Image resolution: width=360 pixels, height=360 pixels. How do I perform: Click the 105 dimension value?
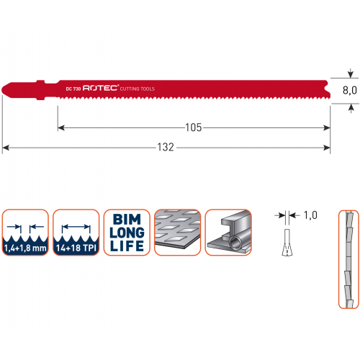click(194, 127)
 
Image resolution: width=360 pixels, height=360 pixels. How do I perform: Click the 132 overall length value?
click(166, 147)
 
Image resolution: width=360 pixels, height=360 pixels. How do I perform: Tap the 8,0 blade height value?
click(350, 90)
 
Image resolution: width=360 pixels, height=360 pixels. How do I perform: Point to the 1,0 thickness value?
click(310, 215)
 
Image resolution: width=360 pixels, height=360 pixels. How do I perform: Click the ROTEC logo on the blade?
click(101, 88)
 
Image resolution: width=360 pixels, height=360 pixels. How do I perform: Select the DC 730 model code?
click(73, 89)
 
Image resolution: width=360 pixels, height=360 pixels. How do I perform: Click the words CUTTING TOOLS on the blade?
click(138, 89)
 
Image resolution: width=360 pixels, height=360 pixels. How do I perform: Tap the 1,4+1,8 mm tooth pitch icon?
click(25, 233)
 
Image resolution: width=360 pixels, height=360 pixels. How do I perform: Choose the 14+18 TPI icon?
click(76, 233)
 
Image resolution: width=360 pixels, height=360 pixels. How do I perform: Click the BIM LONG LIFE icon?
click(127, 233)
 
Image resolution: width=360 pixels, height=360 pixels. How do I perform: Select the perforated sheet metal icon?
click(178, 233)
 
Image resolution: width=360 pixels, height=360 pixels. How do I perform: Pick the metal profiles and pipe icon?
click(228, 233)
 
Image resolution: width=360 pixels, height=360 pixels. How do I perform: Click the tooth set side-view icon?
click(348, 259)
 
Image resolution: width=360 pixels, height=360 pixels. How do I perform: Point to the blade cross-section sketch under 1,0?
click(287, 243)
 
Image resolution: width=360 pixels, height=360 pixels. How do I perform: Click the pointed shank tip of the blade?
click(2, 90)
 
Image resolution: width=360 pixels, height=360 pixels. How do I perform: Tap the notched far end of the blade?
click(328, 89)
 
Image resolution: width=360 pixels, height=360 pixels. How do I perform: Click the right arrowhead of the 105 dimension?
click(327, 127)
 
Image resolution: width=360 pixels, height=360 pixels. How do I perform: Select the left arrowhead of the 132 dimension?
click(6, 148)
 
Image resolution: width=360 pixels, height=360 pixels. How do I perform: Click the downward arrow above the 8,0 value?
click(351, 73)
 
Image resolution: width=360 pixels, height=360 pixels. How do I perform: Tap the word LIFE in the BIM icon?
click(127, 246)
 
